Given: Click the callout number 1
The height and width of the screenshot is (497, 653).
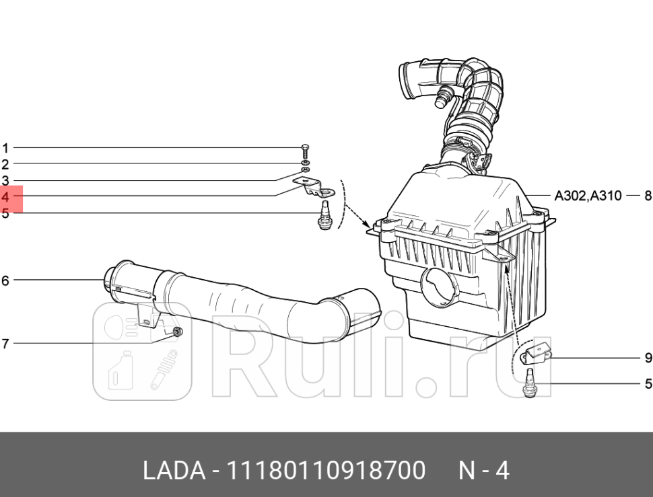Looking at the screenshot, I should (x=5, y=148).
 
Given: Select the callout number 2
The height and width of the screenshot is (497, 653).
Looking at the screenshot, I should (x=5, y=164).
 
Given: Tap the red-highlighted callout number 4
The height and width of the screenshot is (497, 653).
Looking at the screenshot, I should (x=5, y=198).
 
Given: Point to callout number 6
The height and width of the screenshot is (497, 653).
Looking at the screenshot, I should (x=5, y=280).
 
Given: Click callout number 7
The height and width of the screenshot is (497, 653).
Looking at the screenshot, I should (x=5, y=344).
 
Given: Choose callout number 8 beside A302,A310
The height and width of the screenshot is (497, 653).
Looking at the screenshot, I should (x=648, y=196).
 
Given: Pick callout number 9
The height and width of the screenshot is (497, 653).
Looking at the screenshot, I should (x=648, y=358).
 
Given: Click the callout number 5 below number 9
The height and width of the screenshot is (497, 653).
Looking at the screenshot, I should (x=648, y=384).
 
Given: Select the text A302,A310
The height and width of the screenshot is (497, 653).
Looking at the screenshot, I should (x=588, y=196).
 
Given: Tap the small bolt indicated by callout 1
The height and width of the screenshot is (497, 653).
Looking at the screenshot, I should (x=306, y=150).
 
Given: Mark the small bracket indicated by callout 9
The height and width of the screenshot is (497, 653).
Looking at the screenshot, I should (x=539, y=355).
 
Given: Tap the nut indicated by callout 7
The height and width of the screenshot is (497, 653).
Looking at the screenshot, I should (x=178, y=333).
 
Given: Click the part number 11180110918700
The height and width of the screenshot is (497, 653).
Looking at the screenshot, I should (x=327, y=470).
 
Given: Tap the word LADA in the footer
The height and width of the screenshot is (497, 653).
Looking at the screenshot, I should (x=174, y=470).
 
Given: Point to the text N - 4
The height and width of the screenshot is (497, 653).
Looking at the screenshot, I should (x=483, y=470).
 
